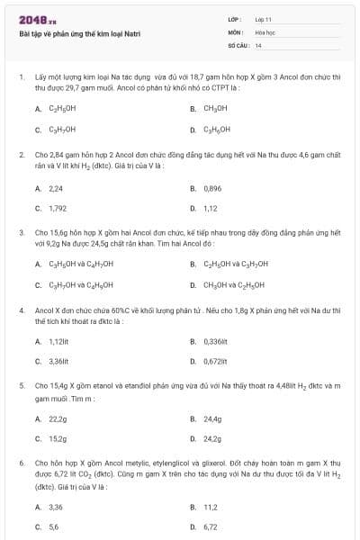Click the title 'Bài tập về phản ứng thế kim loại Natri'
pos(79,34)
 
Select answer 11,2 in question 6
pos(211,507)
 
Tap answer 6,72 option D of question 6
pos(211,526)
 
